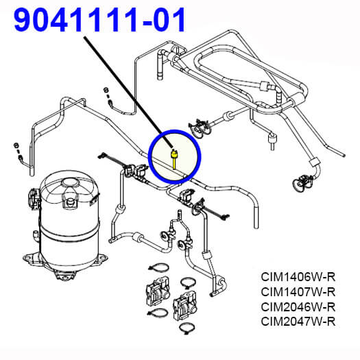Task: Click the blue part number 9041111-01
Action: (x=99, y=20)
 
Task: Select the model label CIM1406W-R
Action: (x=298, y=277)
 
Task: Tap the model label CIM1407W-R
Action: (x=298, y=292)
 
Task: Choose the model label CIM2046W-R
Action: (x=298, y=307)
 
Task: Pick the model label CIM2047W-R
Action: (x=298, y=322)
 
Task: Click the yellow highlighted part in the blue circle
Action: (x=174, y=159)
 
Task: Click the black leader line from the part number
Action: (x=129, y=92)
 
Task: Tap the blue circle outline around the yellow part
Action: (x=149, y=156)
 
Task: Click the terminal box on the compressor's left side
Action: (x=34, y=199)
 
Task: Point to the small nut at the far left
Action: (x=16, y=145)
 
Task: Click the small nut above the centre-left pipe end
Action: (x=106, y=90)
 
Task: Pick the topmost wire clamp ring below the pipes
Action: (x=159, y=267)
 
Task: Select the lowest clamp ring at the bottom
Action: (x=187, y=327)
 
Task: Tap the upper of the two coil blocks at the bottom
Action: (x=158, y=291)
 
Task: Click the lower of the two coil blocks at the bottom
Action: (x=184, y=305)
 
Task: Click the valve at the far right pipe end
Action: (x=302, y=182)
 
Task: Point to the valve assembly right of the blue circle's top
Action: (x=199, y=129)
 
